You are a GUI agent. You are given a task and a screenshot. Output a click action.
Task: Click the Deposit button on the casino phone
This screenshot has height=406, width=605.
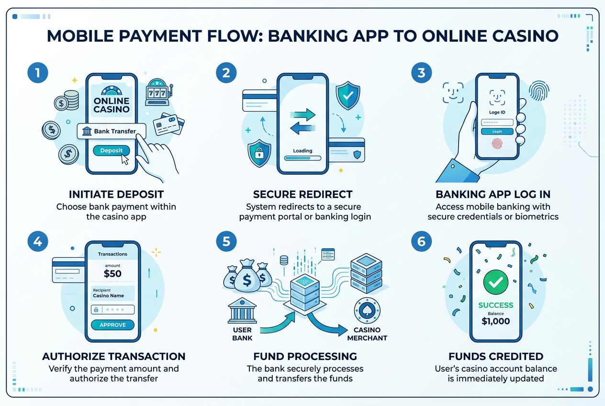click(111, 150)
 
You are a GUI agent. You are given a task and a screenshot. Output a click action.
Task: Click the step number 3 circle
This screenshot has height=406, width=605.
click(421, 74)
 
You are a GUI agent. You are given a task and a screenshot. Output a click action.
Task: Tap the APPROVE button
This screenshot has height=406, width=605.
click(112, 325)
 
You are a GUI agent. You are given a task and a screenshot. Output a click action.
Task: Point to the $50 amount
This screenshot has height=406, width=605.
click(112, 274)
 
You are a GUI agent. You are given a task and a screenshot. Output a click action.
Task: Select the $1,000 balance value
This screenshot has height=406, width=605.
click(495, 322)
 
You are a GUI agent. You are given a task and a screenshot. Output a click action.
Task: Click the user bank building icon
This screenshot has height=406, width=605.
click(242, 310)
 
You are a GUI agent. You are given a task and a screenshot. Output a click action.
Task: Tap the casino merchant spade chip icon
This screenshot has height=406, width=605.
click(367, 311)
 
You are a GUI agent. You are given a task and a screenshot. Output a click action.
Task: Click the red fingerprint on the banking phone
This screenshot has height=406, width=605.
click(497, 144)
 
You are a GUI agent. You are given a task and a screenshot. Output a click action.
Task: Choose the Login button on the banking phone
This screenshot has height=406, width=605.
click(497, 131)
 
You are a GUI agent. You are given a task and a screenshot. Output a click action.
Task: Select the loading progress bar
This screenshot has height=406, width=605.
click(302, 158)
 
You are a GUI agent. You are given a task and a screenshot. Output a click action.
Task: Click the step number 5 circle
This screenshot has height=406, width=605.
click(226, 241)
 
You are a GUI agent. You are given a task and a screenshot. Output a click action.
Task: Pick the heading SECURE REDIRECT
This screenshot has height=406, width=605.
click(302, 194)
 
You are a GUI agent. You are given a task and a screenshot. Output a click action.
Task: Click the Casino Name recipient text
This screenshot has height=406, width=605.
click(108, 296)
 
